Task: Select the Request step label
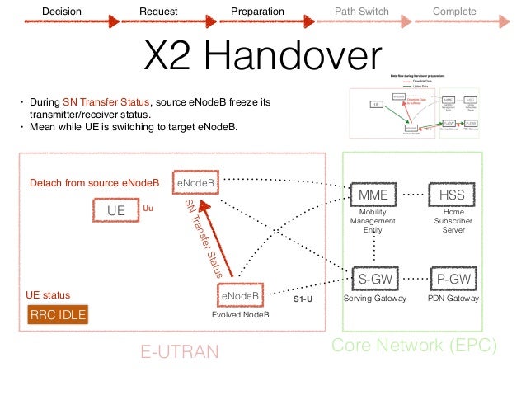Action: [158, 12]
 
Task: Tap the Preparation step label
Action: [257, 12]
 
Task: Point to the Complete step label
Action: [455, 12]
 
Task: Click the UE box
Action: [116, 210]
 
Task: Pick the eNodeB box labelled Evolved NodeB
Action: [240, 295]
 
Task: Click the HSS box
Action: [453, 194]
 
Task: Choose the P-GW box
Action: [453, 280]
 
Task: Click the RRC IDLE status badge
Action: [58, 315]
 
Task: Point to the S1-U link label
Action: [303, 301]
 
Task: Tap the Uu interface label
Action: [149, 209]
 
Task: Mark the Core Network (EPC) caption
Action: [415, 346]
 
